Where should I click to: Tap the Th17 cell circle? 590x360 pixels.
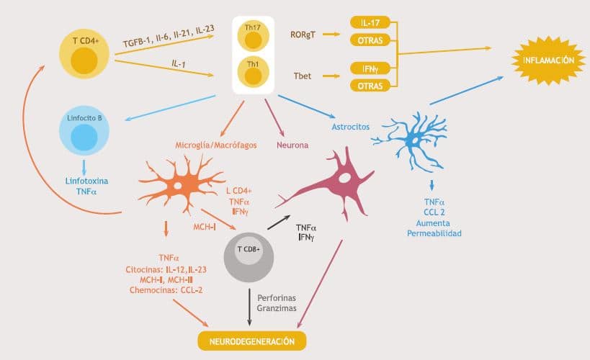(x=253, y=35)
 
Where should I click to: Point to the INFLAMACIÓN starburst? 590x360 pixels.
(x=549, y=60)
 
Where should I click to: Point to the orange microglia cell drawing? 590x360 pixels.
(x=176, y=186)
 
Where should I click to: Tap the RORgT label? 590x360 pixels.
(x=303, y=34)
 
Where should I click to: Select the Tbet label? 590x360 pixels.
(x=303, y=75)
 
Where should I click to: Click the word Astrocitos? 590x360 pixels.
(x=350, y=126)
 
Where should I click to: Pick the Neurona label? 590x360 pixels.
(x=292, y=145)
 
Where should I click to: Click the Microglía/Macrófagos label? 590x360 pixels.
(x=217, y=145)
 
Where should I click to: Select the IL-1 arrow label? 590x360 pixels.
(x=179, y=63)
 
